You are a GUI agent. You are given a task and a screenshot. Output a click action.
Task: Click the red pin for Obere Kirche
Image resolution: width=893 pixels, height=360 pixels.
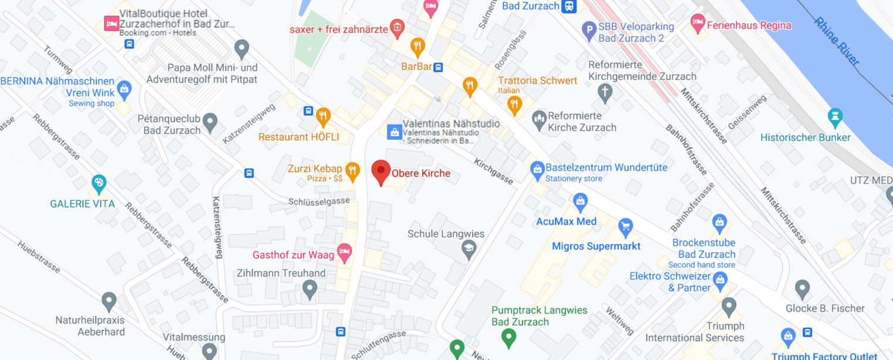(x=381, y=171)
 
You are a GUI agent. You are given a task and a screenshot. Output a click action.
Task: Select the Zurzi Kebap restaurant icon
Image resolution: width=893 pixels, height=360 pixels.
(x=352, y=170)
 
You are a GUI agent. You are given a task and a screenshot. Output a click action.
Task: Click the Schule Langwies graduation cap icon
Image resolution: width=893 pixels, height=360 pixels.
(x=468, y=250)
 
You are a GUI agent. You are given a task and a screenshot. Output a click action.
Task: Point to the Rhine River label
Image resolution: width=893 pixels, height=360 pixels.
(x=836, y=41)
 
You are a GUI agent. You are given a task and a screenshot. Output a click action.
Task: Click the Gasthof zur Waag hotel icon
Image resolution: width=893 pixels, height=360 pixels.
(x=344, y=253)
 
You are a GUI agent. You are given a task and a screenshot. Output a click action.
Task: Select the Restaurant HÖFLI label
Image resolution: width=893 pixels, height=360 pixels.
(x=299, y=137)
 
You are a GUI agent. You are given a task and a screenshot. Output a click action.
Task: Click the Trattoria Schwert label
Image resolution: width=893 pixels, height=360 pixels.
(x=537, y=80)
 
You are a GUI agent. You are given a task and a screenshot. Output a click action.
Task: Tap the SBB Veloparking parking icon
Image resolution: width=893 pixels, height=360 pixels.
(x=589, y=29)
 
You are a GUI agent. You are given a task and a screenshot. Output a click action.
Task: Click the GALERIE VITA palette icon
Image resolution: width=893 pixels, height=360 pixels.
(x=99, y=184)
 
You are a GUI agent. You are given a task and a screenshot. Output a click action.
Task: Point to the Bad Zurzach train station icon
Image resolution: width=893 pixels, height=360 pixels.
(x=568, y=6)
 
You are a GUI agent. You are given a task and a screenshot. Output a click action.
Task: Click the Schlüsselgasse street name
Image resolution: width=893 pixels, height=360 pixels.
(x=319, y=201)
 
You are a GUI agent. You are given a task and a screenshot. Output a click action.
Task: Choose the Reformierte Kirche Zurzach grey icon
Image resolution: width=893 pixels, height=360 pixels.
(x=539, y=120)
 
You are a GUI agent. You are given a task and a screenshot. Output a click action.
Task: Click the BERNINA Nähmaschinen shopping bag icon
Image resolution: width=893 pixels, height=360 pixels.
(x=124, y=89)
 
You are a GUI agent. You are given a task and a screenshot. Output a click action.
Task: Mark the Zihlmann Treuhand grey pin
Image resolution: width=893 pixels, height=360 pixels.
(x=309, y=288)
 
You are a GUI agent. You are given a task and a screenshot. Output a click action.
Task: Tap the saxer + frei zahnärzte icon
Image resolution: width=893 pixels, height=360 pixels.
(x=398, y=27)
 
